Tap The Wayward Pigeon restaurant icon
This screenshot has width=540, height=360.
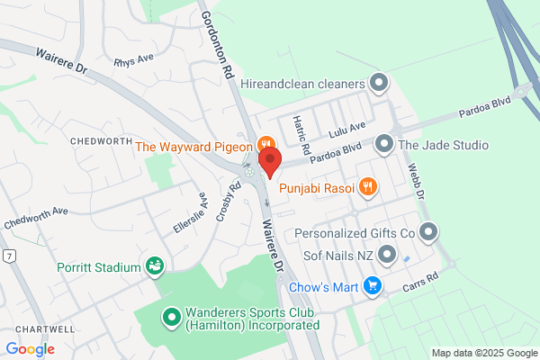point(265,144)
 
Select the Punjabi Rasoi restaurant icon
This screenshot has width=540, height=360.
point(367,187)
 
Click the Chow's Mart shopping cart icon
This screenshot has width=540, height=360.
point(372,288)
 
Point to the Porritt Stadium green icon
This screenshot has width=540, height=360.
point(155,266)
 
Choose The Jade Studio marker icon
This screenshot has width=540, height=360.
point(384,144)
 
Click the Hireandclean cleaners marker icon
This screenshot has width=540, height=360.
point(379,85)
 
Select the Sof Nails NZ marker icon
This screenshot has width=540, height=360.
point(387,256)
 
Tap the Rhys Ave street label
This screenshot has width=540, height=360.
point(134,63)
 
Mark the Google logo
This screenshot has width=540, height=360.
point(30,348)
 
